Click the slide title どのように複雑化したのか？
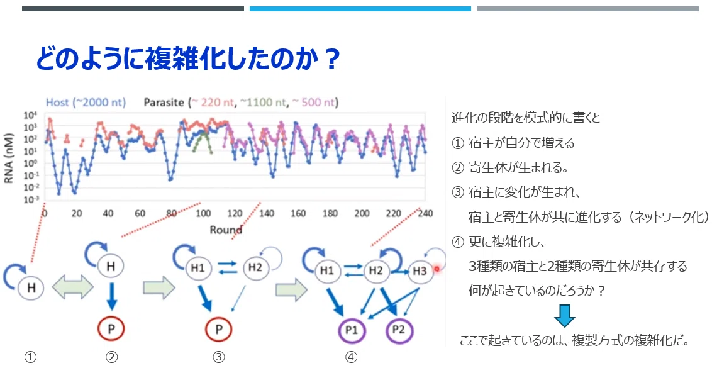coord(187,58)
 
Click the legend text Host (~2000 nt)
coord(86,103)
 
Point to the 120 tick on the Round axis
coord(235,213)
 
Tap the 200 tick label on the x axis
coord(362,213)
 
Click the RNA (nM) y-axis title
coord(9,159)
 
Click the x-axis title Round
coord(226,230)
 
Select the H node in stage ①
coord(31,287)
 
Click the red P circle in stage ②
coord(111,328)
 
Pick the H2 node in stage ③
coord(255,267)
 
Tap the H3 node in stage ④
coord(420,271)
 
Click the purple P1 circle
coord(352,330)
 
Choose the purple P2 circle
coord(399,330)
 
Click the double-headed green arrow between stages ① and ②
coord(73,287)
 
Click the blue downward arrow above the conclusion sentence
coord(565,316)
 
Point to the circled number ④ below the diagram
coord(351,357)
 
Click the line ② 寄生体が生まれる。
coord(510,168)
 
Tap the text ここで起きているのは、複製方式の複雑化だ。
coord(575,340)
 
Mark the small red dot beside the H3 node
coord(437,269)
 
